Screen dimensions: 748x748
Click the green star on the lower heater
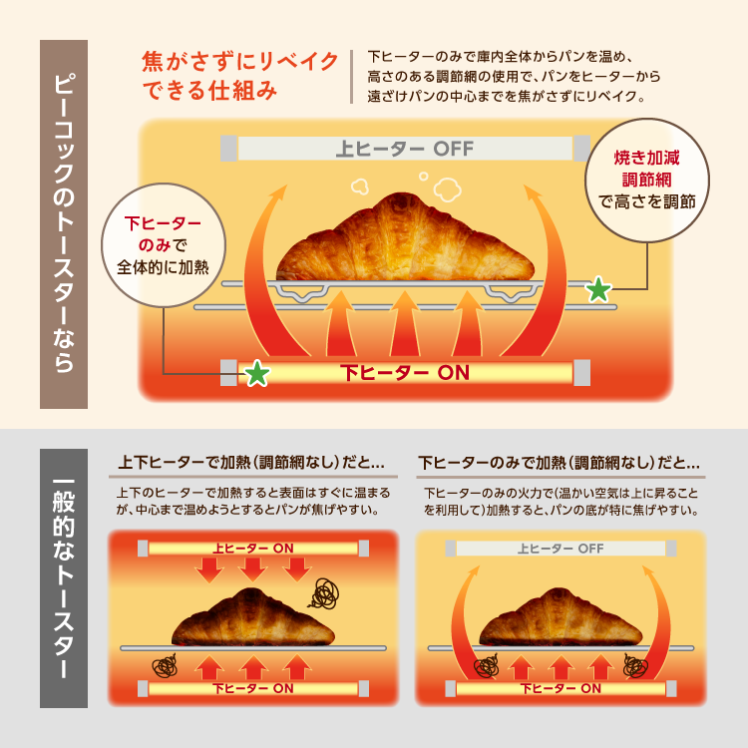point(257,374)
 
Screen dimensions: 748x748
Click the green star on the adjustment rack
point(597,290)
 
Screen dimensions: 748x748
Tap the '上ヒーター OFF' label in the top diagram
point(404,150)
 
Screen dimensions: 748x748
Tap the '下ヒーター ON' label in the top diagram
point(404,373)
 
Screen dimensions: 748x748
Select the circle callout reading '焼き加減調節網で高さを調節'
point(645,181)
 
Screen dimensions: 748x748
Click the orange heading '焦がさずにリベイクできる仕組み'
point(239,77)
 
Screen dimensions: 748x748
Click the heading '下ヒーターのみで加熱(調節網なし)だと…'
point(559,463)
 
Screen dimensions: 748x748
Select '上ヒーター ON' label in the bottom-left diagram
point(253,548)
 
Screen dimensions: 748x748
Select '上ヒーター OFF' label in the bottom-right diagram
point(561,549)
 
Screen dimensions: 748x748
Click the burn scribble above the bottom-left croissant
point(324,595)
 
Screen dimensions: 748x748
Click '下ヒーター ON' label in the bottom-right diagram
point(561,688)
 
